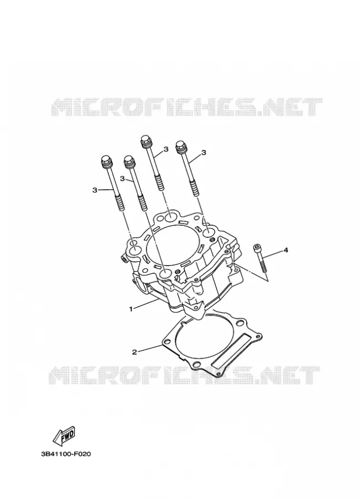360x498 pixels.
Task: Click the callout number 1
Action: pos(131,308)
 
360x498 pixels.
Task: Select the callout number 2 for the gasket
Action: pos(134,351)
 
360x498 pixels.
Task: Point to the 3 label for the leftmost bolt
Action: pos(94,190)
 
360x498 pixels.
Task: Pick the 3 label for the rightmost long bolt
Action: pos(204,153)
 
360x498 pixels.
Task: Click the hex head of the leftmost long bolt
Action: pos(106,162)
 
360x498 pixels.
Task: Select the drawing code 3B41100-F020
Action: pos(66,454)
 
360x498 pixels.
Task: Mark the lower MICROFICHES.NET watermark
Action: pos(184,375)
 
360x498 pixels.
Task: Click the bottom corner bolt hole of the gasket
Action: pos(196,364)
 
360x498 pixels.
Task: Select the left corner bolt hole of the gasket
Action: pos(168,342)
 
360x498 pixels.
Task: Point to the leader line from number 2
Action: pos(149,348)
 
